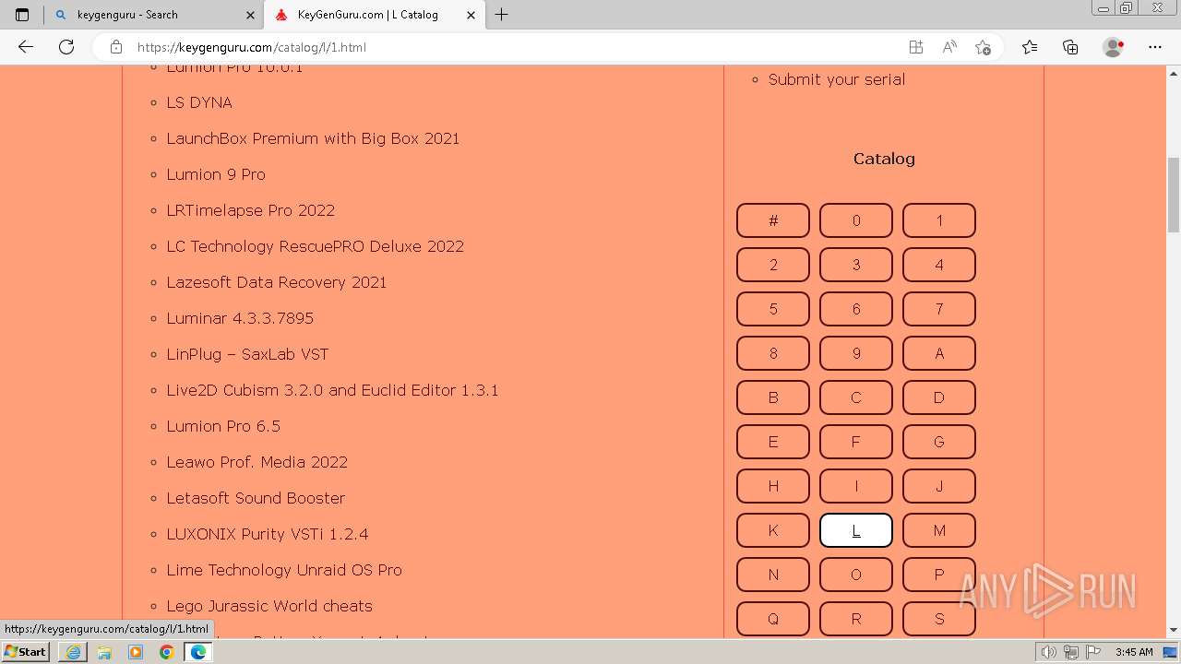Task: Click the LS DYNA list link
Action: (x=199, y=102)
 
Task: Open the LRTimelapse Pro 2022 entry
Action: (x=250, y=210)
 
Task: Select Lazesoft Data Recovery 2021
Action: (x=276, y=282)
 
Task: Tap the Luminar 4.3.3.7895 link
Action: (x=240, y=318)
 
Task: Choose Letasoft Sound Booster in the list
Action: (x=256, y=498)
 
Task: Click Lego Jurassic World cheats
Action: (x=269, y=606)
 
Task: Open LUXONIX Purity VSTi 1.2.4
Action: (x=268, y=534)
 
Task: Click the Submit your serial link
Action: (x=836, y=79)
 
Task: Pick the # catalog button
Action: (x=773, y=220)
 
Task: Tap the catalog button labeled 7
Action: (x=938, y=309)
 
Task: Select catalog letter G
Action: (x=938, y=442)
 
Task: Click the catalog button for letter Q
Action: (x=773, y=619)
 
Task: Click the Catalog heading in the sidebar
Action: (x=884, y=159)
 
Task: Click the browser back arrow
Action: (x=26, y=47)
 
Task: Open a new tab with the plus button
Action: (x=502, y=15)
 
